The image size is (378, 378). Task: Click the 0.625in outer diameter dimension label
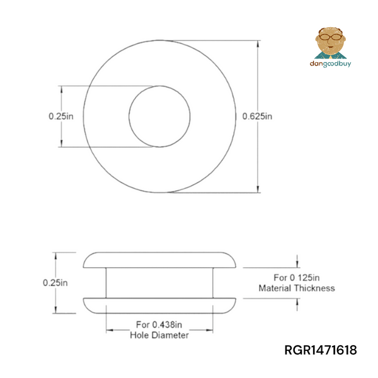258,117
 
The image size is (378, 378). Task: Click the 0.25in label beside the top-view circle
61,117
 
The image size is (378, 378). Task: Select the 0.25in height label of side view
55,283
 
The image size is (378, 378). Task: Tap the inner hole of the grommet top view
159,117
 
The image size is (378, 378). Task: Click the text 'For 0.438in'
158,325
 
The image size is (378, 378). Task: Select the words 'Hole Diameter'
159,336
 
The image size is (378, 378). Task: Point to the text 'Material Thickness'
297,288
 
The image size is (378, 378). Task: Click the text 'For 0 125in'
297,277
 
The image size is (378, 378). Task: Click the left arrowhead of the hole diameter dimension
109,330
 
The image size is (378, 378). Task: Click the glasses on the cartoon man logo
329,37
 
